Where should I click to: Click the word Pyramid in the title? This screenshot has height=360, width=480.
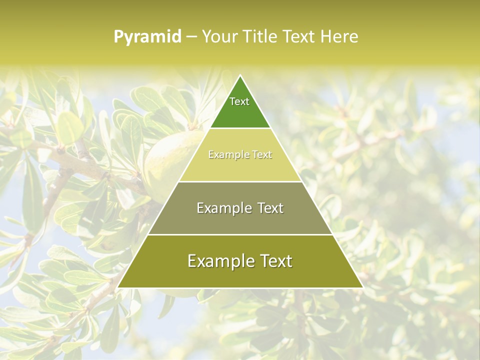[147, 37]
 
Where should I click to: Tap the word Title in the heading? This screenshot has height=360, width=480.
[261, 36]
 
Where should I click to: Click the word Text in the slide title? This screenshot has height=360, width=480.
[299, 36]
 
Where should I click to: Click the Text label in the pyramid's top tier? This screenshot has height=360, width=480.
[239, 101]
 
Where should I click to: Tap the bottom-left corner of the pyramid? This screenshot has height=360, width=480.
[118, 287]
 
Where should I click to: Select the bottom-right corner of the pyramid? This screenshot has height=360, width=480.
[362, 287]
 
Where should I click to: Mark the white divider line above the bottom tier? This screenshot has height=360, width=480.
[240, 234]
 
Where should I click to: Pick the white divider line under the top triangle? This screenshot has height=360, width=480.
[240, 128]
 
